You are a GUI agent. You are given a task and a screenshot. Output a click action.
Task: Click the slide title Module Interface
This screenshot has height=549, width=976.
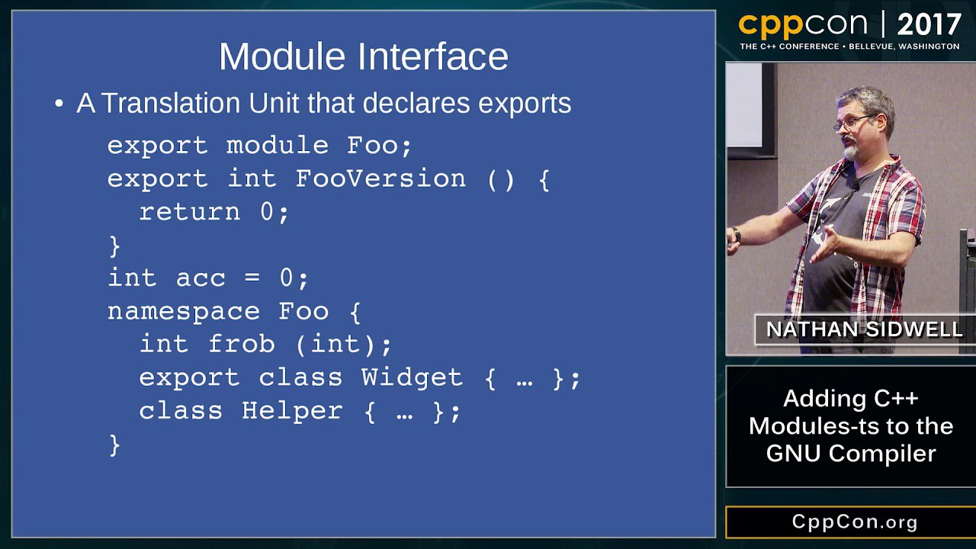[x=364, y=56]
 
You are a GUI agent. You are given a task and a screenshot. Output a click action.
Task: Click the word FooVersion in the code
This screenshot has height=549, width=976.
[x=380, y=178]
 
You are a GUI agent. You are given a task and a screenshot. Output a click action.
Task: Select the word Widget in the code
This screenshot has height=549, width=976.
[x=412, y=377]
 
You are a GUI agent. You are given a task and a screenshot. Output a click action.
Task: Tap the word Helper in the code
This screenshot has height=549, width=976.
[x=292, y=411]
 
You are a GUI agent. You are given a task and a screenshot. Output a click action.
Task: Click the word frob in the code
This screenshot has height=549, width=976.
[x=242, y=344]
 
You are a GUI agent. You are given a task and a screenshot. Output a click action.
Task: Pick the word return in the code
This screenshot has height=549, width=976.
[x=190, y=212]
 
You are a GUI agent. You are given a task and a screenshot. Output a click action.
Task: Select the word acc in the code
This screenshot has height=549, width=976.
[x=201, y=278]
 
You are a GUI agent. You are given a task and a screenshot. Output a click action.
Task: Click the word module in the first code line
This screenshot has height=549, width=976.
[x=277, y=145]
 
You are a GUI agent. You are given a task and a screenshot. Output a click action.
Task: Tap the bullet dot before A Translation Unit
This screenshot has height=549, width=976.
[x=59, y=104]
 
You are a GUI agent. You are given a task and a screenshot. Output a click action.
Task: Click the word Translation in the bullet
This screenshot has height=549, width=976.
[x=171, y=103]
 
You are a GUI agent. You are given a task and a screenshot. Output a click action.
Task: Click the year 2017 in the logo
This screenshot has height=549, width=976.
[x=929, y=25]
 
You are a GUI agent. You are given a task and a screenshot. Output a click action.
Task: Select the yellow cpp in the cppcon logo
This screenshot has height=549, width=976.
[x=771, y=26]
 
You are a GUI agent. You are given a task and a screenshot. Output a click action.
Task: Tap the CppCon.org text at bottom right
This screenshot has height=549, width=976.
[x=855, y=522]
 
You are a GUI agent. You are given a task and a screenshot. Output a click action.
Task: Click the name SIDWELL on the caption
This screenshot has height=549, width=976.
[x=914, y=329]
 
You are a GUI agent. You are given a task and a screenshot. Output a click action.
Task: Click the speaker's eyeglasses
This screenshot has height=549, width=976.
[x=854, y=122]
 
